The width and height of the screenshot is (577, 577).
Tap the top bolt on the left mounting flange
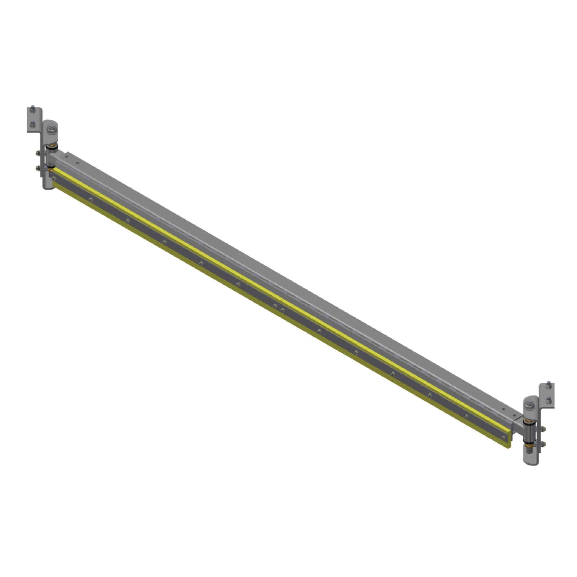[32, 108]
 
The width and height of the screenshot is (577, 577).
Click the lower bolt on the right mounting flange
[548, 400]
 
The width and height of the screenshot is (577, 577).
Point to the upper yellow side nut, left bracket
[37, 153]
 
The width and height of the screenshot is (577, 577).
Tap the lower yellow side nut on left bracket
[37, 168]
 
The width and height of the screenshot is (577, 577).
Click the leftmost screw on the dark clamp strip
[54, 178]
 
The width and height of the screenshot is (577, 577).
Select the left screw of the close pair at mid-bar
[275, 306]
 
